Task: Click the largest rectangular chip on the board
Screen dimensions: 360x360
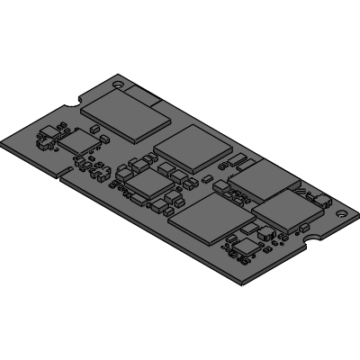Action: tap(126, 115)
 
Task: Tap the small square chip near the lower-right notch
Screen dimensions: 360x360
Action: tap(246, 243)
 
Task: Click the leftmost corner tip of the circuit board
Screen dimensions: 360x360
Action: tap(4, 144)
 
